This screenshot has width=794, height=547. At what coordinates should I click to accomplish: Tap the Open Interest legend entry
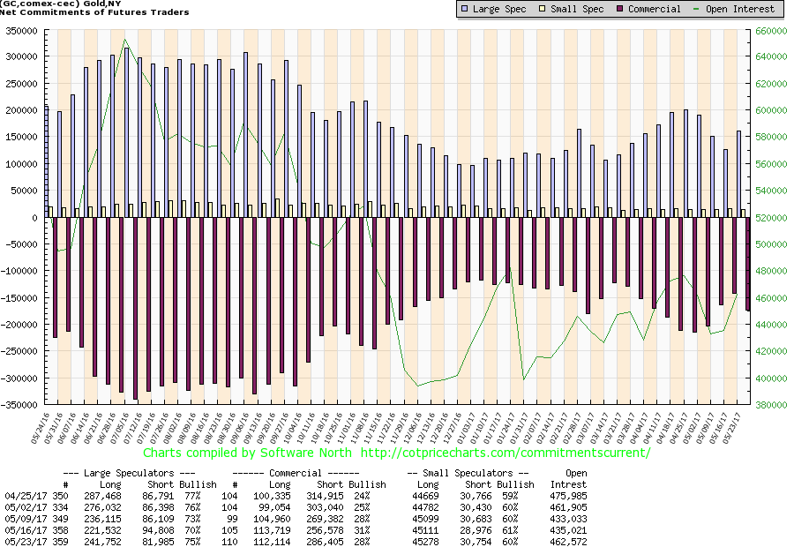click(x=739, y=9)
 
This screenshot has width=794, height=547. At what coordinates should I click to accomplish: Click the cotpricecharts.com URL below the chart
click(x=506, y=453)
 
